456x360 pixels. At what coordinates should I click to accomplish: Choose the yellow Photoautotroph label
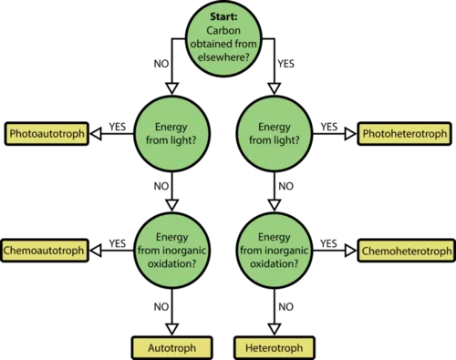pyautogui.click(x=47, y=134)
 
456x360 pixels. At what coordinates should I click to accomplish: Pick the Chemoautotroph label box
pyautogui.click(x=45, y=251)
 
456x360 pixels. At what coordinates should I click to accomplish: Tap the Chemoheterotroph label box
pyautogui.click(x=407, y=251)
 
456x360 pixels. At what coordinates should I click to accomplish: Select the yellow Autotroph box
pyautogui.click(x=172, y=347)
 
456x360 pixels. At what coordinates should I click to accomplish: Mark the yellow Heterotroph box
pyautogui.click(x=275, y=347)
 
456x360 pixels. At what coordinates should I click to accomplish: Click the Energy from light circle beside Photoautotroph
pyautogui.click(x=172, y=134)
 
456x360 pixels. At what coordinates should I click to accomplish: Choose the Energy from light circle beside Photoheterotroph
pyautogui.click(x=275, y=134)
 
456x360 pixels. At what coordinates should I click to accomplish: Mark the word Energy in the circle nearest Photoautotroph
pyautogui.click(x=172, y=127)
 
